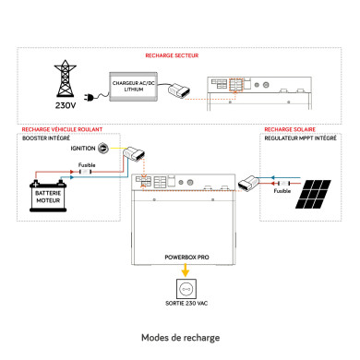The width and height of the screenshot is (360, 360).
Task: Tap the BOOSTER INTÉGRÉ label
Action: [45, 138]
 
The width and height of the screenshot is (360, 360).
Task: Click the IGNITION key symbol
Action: [104, 148]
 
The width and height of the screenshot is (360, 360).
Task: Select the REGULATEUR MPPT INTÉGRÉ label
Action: [297, 138]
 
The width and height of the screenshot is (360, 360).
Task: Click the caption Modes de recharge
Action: [180, 338]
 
